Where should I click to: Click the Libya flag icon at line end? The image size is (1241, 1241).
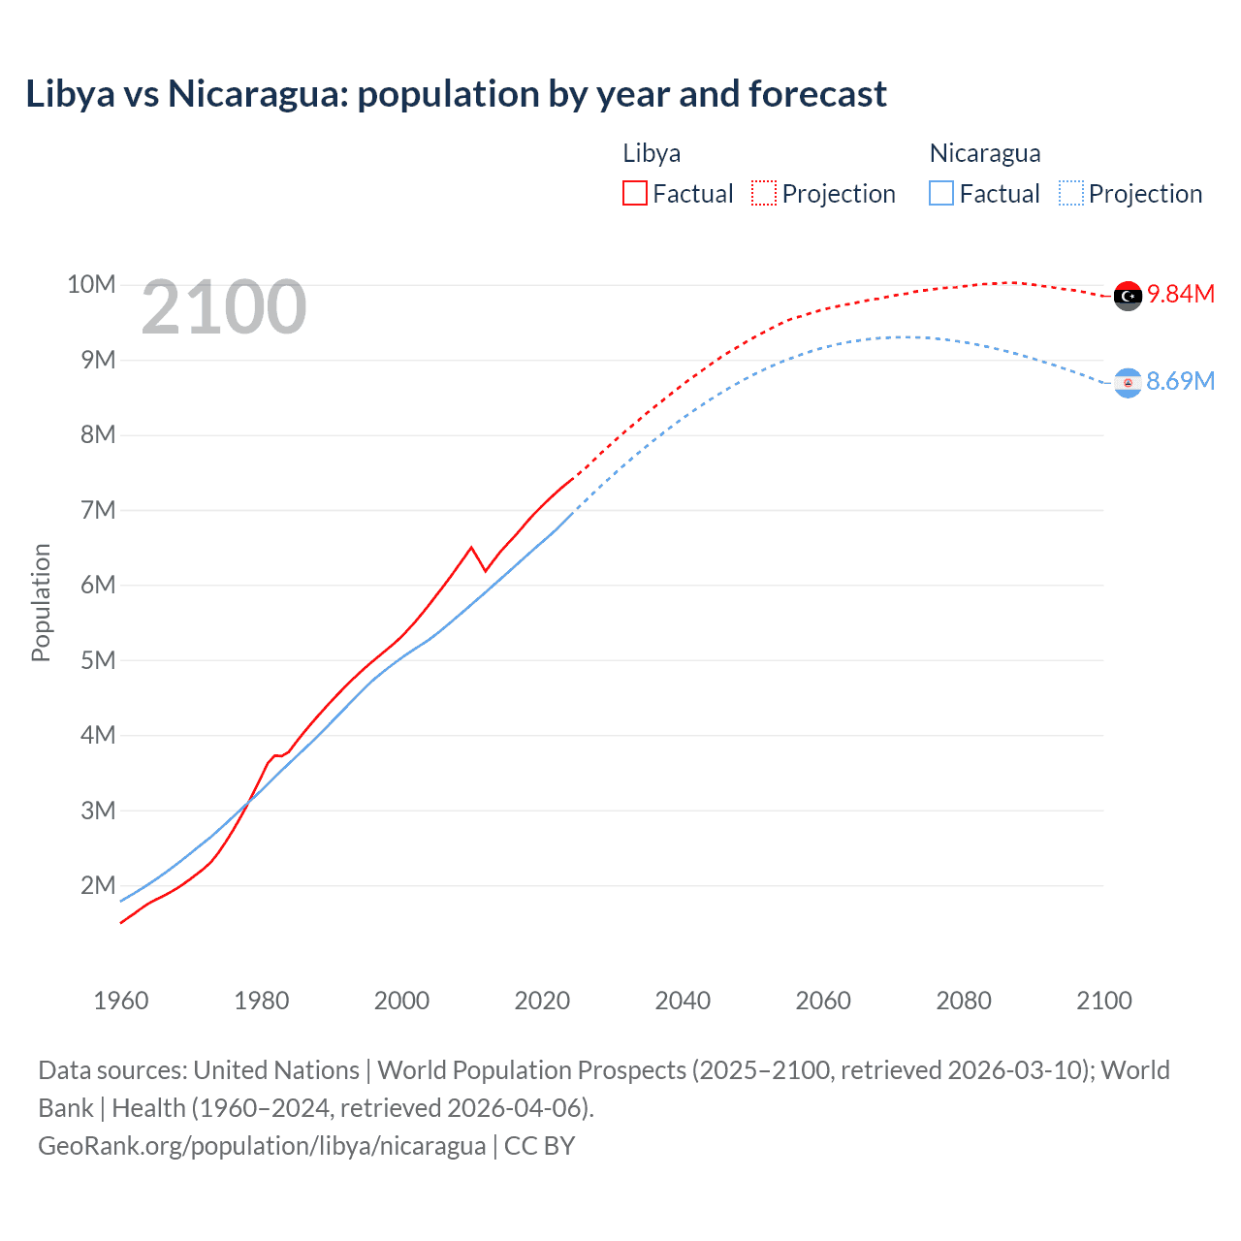coord(1128,296)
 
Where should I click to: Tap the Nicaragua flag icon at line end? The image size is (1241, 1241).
coord(1128,383)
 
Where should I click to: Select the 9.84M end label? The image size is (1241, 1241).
coord(1181,294)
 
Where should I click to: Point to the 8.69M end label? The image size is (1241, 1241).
coord(1181,381)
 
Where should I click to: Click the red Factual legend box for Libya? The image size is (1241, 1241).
coord(634,193)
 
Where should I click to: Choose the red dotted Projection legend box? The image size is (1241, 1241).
coord(764,193)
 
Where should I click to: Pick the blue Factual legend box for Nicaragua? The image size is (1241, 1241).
coord(940,193)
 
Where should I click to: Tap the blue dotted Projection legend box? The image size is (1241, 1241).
coord(1070,193)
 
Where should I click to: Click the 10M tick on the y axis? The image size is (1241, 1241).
coord(91,284)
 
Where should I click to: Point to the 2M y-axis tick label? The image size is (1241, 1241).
coord(98,885)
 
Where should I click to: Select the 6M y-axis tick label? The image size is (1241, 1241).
coord(98,585)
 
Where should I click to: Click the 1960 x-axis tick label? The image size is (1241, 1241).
coord(121,1001)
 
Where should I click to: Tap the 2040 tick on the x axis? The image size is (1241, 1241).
coord(683,1001)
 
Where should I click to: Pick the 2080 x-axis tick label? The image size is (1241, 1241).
coord(964,1001)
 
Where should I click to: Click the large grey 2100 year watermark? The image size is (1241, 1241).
coord(224,307)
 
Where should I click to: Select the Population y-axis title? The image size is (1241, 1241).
coord(41,602)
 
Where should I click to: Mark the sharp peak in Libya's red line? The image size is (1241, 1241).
coord(471,548)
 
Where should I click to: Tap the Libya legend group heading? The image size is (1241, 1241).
coord(652,153)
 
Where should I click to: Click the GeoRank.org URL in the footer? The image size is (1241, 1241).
coord(262,1145)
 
